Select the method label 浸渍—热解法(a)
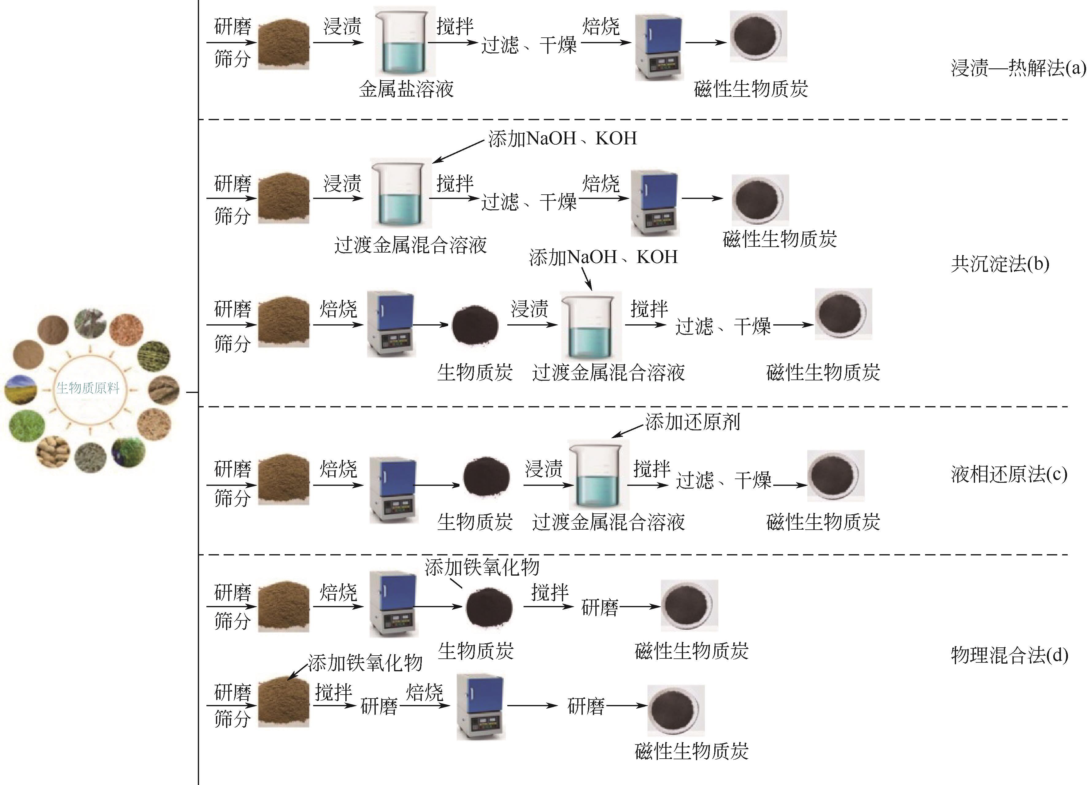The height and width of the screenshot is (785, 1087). (x=1017, y=68)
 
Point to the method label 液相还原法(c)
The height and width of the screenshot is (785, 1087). (x=1009, y=474)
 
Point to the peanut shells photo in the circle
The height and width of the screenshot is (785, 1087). (x=53, y=451)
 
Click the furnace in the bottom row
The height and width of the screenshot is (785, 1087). (x=480, y=707)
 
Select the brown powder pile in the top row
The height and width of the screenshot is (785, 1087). (x=284, y=44)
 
